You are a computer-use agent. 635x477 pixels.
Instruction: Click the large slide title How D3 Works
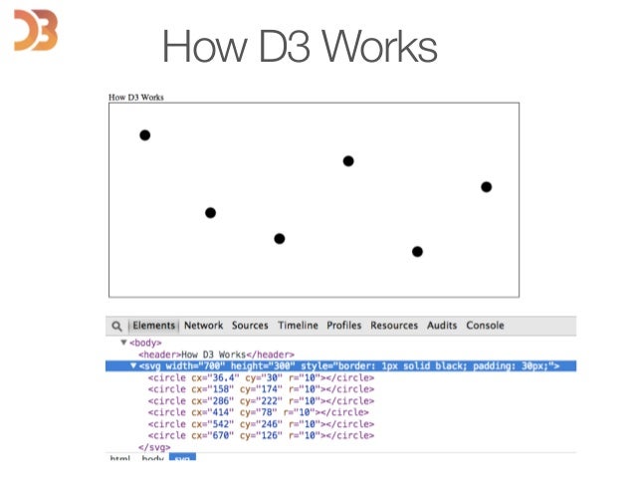300,46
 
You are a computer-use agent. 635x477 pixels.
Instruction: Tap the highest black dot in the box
145,134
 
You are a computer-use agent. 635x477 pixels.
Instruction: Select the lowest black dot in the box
417,251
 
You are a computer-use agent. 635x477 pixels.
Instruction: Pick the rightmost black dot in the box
487,186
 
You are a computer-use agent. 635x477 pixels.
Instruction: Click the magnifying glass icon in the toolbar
117,326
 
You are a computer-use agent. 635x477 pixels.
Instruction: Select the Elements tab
154,326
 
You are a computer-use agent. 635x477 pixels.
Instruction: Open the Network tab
203,326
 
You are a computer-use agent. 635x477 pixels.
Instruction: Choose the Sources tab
250,326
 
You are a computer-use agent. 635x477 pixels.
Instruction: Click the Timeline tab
298,326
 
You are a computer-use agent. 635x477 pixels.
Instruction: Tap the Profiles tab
344,326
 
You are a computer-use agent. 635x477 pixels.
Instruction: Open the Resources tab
394,326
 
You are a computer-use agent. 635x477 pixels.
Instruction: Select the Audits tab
442,326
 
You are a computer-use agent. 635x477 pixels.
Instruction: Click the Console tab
486,326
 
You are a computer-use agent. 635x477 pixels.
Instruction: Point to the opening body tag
144,343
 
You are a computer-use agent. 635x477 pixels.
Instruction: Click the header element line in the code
202,355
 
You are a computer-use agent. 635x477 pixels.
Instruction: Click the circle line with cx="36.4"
261,377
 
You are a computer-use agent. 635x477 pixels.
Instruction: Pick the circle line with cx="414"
258,412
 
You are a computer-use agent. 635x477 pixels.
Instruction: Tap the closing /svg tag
155,447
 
